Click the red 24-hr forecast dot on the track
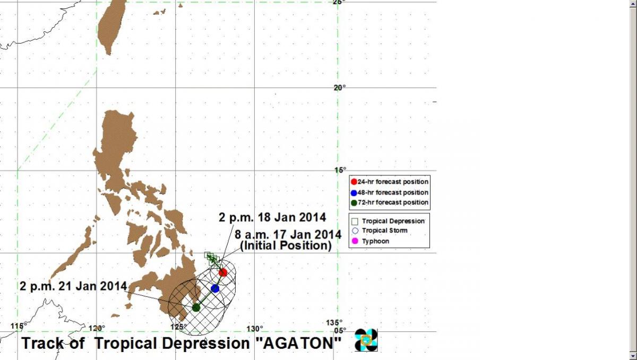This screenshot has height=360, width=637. [223, 272]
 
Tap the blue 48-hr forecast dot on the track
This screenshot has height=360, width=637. [215, 289]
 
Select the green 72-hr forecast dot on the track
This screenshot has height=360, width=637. [196, 307]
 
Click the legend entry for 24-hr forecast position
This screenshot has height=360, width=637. [390, 182]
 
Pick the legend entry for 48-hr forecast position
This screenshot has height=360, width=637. [390, 193]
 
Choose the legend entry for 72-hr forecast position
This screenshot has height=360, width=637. [390, 202]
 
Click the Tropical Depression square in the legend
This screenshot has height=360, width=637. [355, 221]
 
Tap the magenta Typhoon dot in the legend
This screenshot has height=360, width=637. [355, 241]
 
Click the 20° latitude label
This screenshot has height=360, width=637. [340, 88]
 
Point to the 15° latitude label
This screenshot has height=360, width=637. [340, 170]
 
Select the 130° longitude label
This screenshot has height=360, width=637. [254, 329]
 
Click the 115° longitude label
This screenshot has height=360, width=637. [19, 326]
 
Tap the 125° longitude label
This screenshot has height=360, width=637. [178, 327]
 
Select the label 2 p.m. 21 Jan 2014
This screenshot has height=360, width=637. [73, 286]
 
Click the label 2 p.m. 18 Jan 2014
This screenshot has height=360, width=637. [272, 218]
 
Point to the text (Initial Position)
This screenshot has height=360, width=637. [286, 246]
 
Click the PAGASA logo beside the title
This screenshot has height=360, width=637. [366, 340]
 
